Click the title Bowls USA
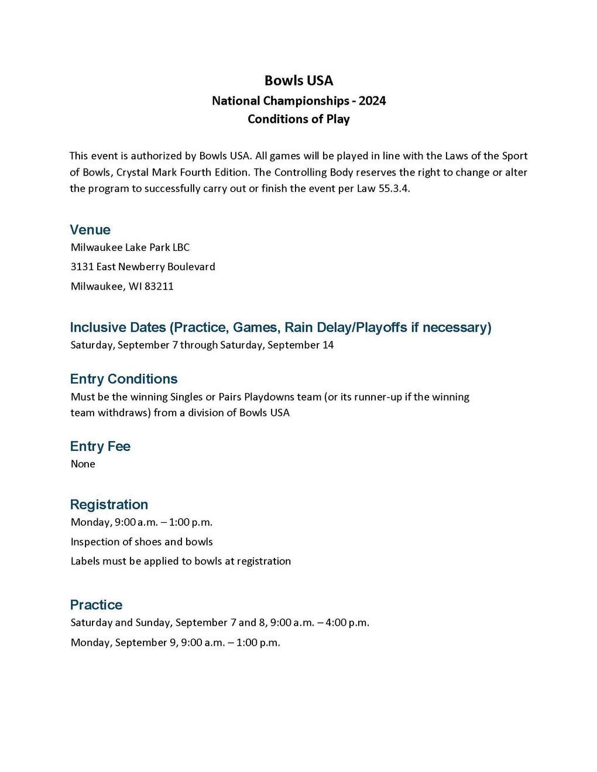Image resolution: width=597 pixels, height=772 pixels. pyautogui.click(x=298, y=80)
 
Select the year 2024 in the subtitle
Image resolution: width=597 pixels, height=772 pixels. pyautogui.click(x=372, y=101)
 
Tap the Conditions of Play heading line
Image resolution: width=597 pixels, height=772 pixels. pyautogui.click(x=298, y=119)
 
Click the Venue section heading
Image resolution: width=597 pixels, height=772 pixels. pyautogui.click(x=90, y=229)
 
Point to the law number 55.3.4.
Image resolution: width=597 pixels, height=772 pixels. pyautogui.click(x=394, y=189)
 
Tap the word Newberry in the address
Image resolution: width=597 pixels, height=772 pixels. pyautogui.click(x=142, y=267)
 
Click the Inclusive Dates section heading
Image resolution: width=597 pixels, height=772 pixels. pyautogui.click(x=280, y=327)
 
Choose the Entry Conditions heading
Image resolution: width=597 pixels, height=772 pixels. pyautogui.click(x=123, y=379)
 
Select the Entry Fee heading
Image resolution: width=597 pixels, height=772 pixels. pyautogui.click(x=100, y=446)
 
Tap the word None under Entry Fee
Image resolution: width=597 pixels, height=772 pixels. pyautogui.click(x=83, y=464)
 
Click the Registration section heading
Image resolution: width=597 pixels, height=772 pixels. pyautogui.click(x=109, y=504)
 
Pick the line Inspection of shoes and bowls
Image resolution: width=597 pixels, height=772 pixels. pyautogui.click(x=142, y=542)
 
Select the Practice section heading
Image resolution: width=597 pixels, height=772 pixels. pyautogui.click(x=96, y=605)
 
